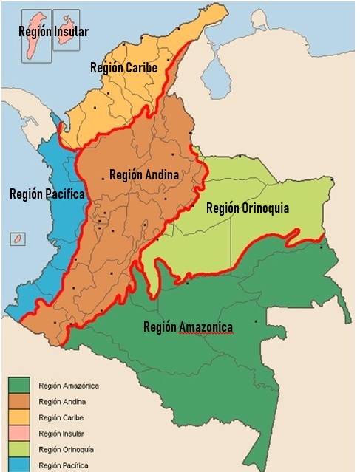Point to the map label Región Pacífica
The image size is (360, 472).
click(47, 194)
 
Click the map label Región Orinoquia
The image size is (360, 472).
click(248, 208)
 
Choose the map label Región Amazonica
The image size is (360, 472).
click(188, 327)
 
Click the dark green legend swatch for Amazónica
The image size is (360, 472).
click(19, 386)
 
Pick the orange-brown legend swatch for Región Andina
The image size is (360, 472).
click(19, 402)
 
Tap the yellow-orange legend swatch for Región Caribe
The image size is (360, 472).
click(19, 417)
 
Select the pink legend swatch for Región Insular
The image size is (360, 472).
click(19, 434)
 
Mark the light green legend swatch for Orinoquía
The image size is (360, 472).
click(19, 449)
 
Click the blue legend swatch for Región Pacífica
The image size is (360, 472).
click(19, 465)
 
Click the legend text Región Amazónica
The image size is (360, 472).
click(69, 386)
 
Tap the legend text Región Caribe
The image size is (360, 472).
click(61, 417)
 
